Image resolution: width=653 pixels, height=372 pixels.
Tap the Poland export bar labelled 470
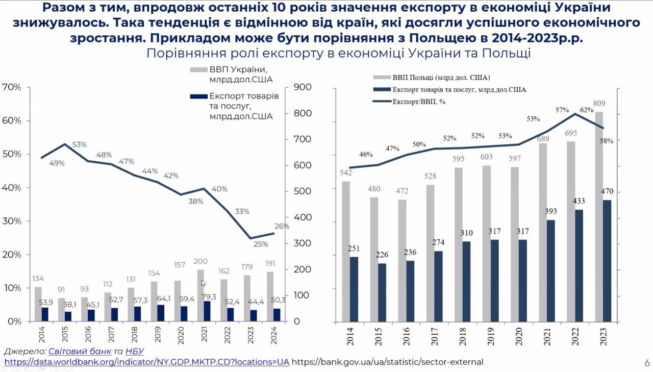(607, 261)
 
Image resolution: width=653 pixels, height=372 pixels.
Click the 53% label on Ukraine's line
(80, 144)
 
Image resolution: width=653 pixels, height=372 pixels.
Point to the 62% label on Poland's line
(587, 110)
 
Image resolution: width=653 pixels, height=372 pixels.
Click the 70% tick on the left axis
(12, 87)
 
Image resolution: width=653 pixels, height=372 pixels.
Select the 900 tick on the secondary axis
(302, 87)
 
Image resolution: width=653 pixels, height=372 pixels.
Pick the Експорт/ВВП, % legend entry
(420, 102)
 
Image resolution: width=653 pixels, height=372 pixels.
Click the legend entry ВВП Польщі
(441, 78)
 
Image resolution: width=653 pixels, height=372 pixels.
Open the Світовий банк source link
(80, 351)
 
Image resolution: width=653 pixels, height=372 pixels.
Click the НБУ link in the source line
(134, 351)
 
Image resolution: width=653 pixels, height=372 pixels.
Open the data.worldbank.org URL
(146, 362)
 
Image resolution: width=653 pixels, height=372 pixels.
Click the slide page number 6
(647, 363)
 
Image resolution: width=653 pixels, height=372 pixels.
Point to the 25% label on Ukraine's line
(260, 244)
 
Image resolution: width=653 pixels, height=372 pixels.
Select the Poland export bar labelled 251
(354, 289)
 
